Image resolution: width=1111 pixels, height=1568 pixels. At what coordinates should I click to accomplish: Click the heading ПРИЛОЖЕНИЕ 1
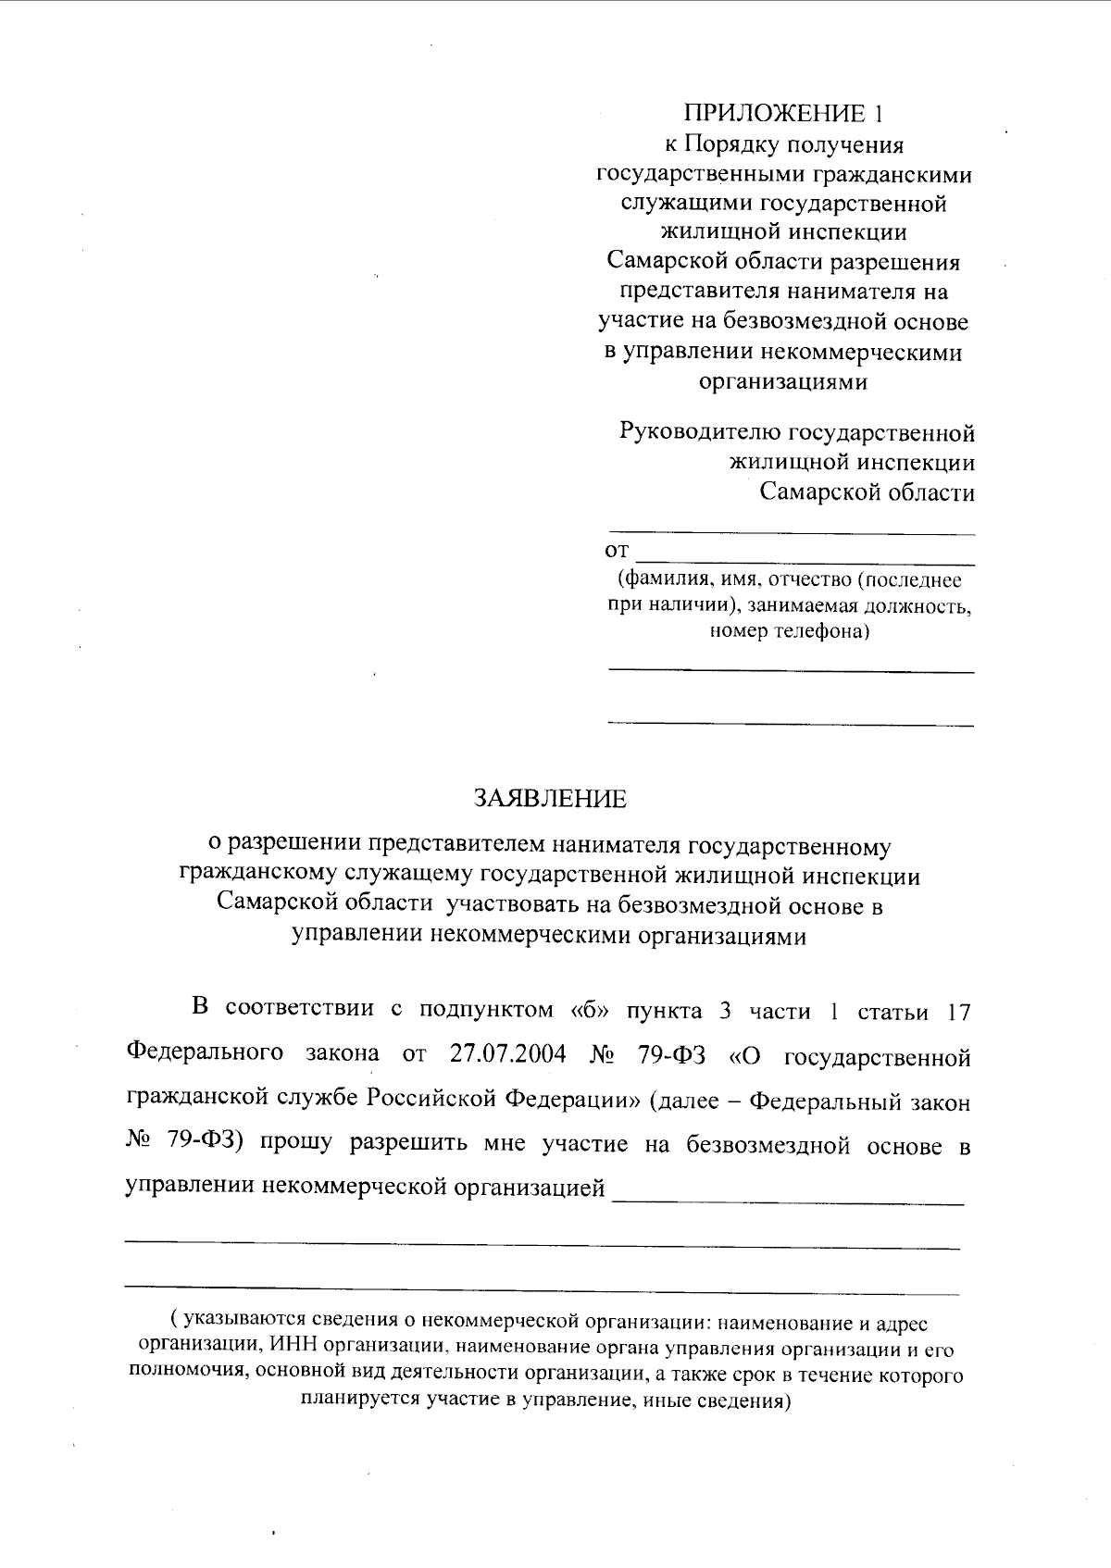point(783,114)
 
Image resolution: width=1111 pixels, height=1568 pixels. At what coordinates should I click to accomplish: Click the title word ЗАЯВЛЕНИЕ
point(550,799)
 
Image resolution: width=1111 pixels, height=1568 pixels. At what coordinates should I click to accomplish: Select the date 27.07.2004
point(507,1054)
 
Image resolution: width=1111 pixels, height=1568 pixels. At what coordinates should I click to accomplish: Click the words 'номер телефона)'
point(790,632)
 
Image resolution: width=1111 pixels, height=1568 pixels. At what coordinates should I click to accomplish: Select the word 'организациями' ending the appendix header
point(782,381)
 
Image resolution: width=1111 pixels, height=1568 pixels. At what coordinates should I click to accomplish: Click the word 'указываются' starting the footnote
point(243,1323)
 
